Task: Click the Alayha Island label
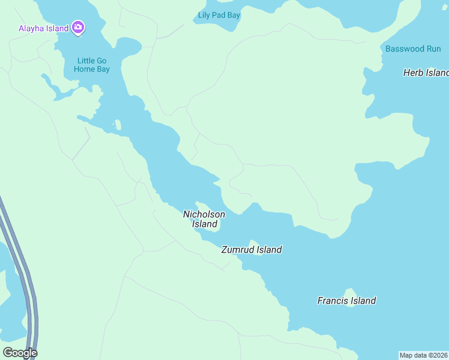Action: tap(43, 28)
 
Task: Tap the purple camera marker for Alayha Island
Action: tap(78, 27)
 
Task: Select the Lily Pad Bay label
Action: tap(219, 15)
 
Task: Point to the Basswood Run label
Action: tap(413, 49)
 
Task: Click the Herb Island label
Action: tap(426, 73)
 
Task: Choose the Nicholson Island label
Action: tap(204, 219)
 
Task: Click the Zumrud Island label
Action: tap(252, 250)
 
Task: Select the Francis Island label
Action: tap(346, 301)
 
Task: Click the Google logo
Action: tap(20, 353)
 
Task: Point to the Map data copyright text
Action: tap(423, 355)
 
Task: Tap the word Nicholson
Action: tap(204, 214)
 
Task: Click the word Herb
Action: tap(413, 73)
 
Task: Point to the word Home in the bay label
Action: tap(85, 69)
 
